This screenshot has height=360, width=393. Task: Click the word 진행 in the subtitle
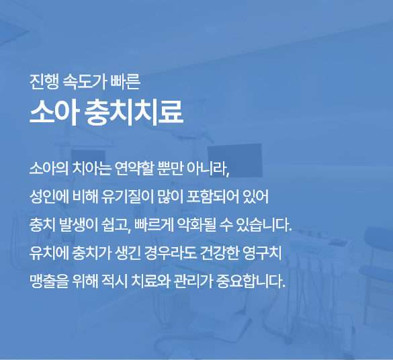[x=44, y=82]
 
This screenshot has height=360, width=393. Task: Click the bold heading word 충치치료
[x=134, y=112]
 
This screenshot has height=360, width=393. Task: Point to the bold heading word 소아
[x=53, y=112]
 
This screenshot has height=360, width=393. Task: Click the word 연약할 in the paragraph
[x=133, y=169]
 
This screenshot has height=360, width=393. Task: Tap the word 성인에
[x=49, y=197]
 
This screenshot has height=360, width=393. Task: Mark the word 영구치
[x=262, y=253]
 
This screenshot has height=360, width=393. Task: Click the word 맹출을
[x=49, y=281]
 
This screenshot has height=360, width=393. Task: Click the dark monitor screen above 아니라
[x=235, y=161]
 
